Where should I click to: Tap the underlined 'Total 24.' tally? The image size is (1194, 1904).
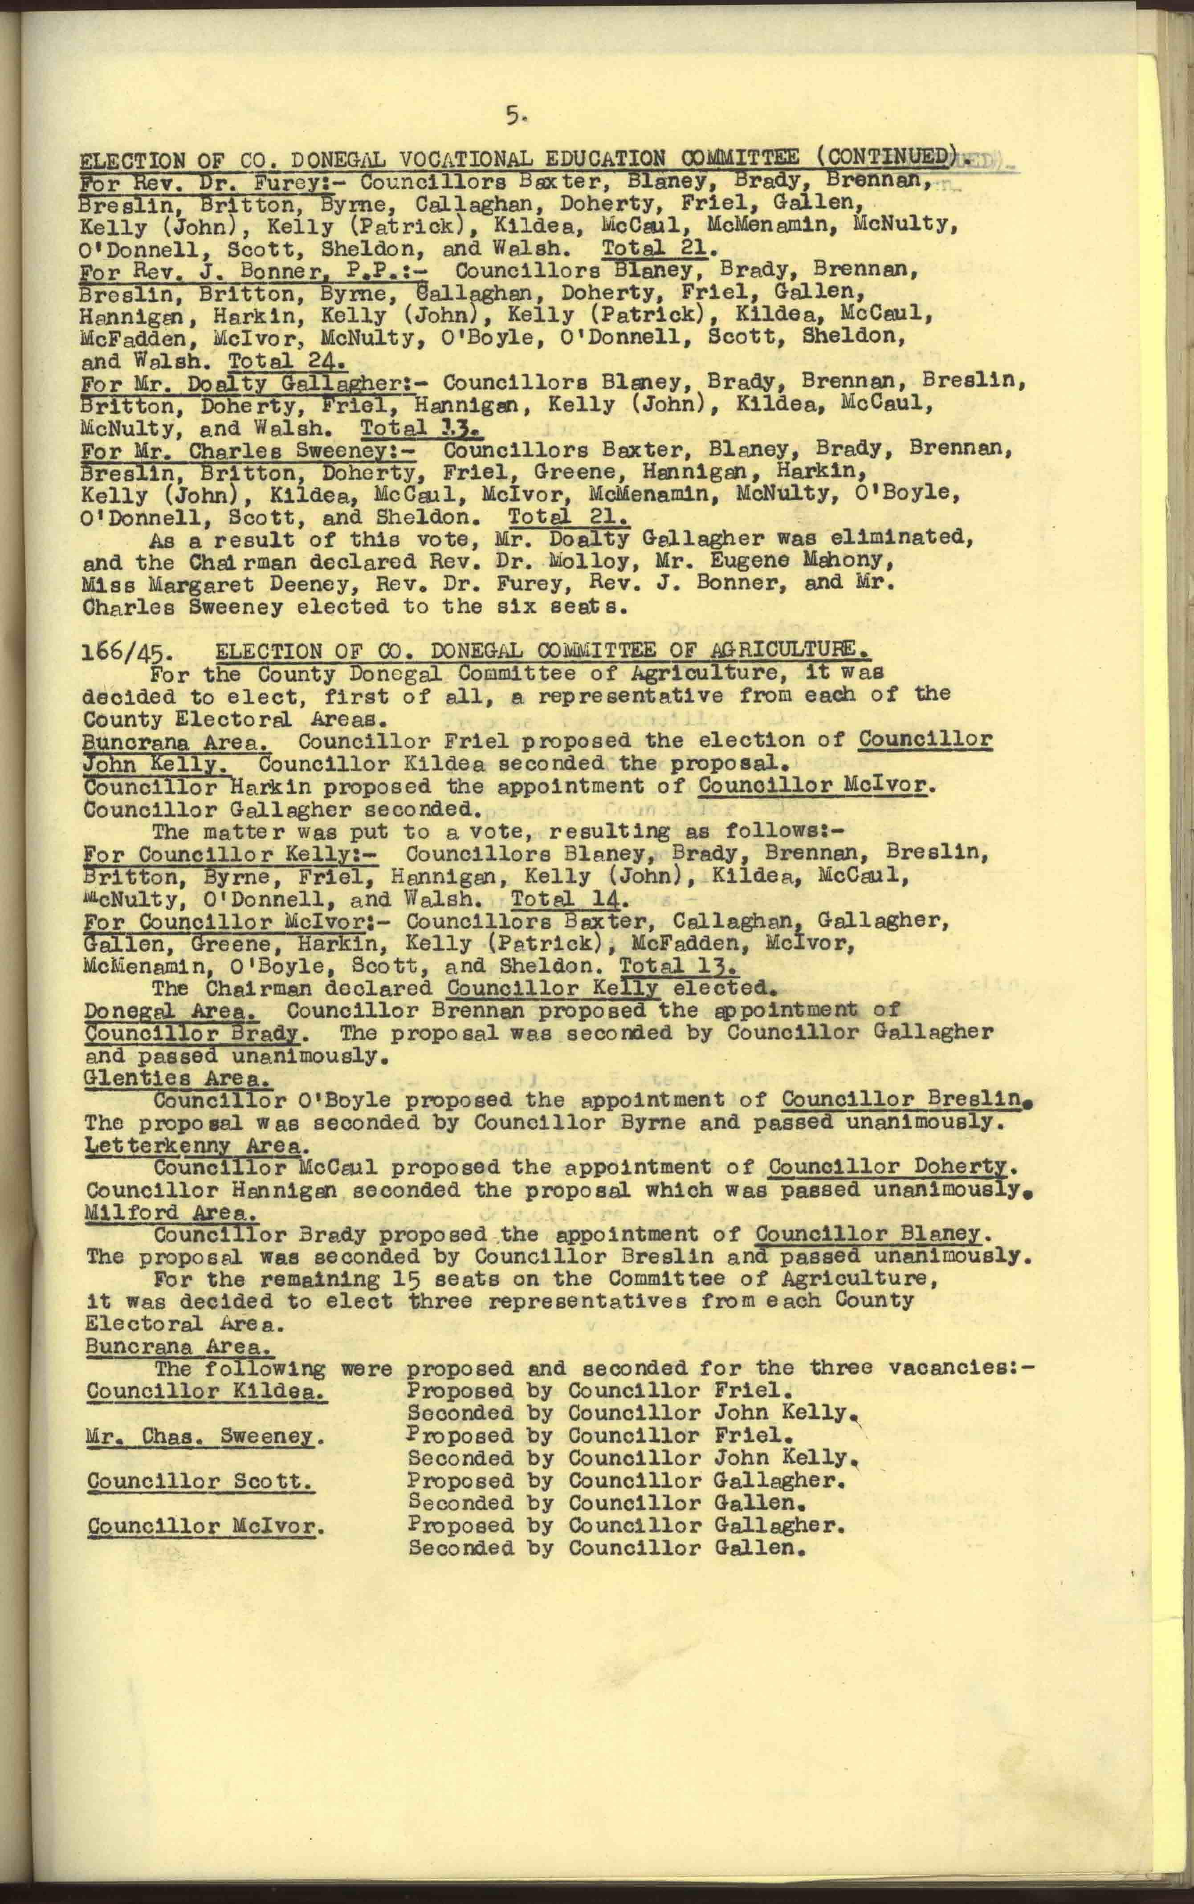pos(287,362)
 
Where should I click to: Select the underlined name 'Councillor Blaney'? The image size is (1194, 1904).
pos(868,1235)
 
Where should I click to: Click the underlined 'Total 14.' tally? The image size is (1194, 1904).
pos(569,899)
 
